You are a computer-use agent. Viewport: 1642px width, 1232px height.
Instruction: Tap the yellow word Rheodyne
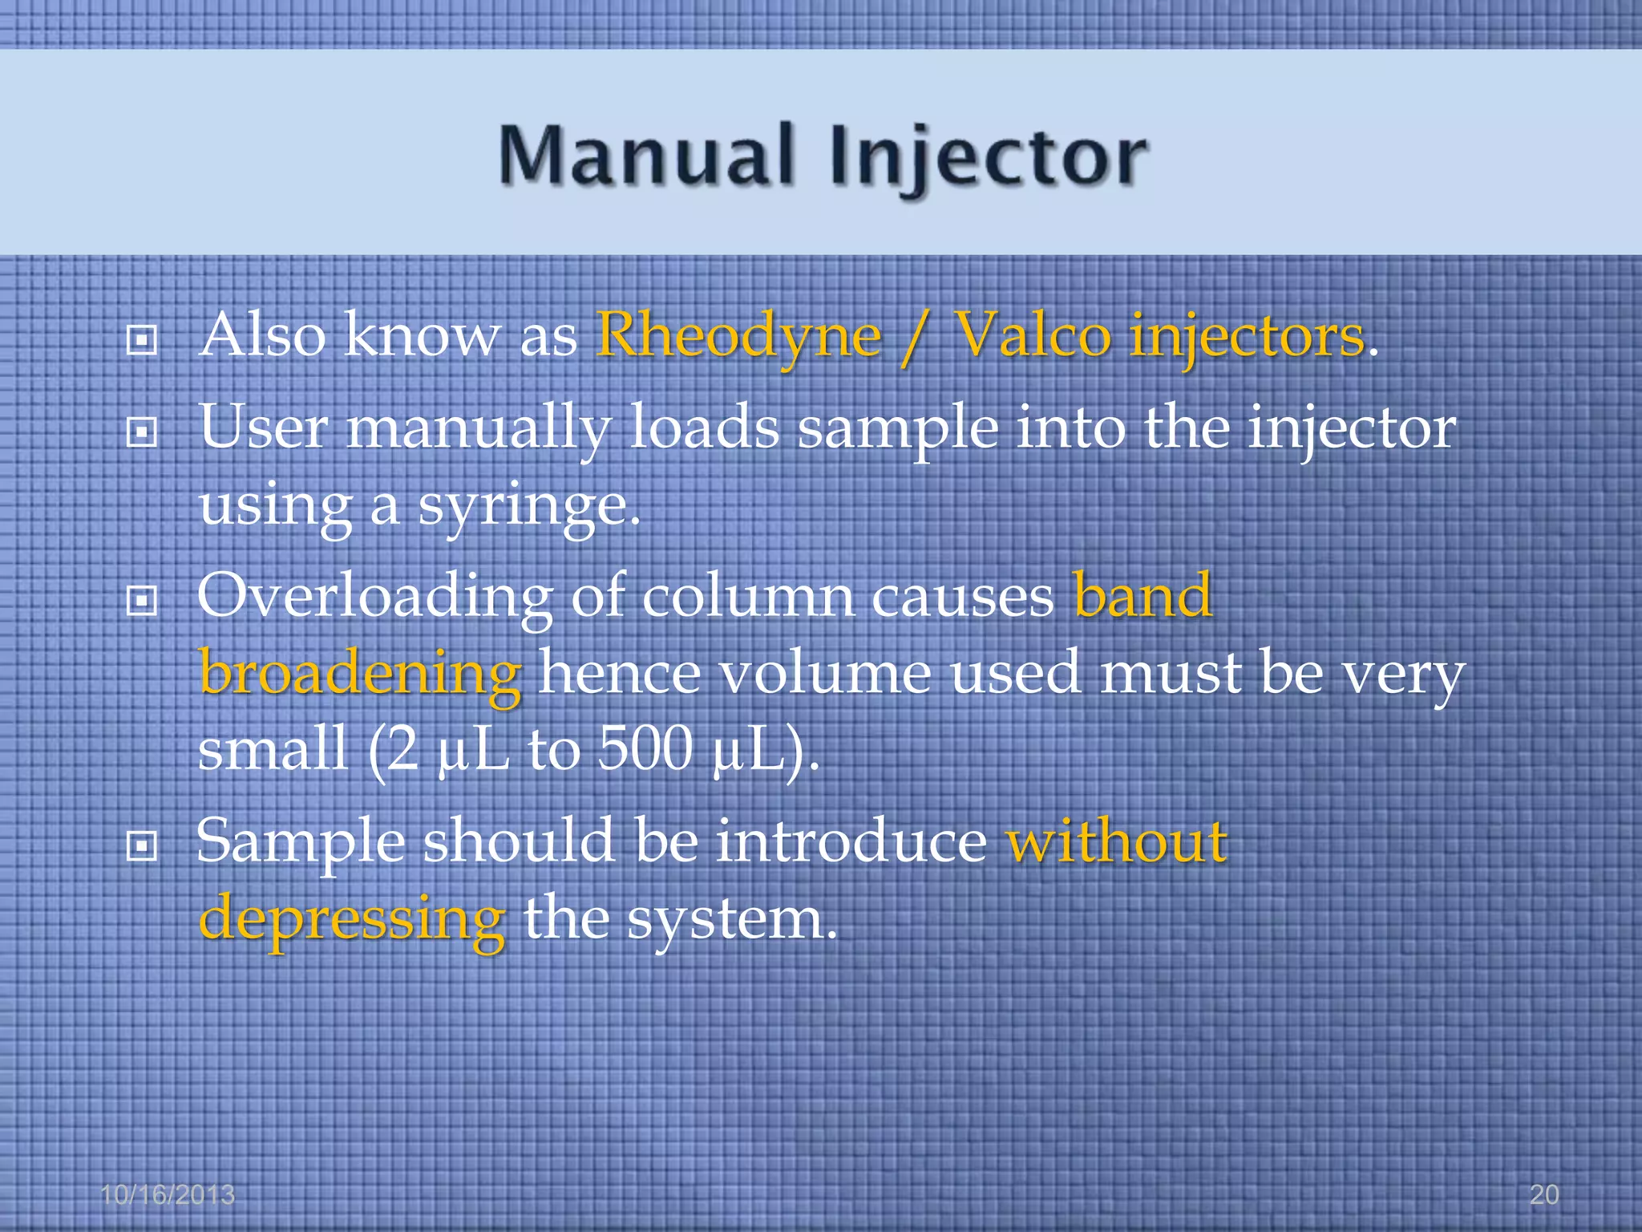click(x=738, y=336)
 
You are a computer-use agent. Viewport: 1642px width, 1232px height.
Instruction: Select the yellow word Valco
click(x=1034, y=336)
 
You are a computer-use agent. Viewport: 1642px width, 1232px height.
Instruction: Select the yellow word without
click(x=1117, y=842)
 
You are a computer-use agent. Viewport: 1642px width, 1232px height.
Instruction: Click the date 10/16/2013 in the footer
click(x=168, y=1195)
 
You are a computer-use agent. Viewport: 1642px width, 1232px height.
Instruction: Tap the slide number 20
click(x=1543, y=1195)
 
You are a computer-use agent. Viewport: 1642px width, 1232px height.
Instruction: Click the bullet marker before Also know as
click(x=142, y=341)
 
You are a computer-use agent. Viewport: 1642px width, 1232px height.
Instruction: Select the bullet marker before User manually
click(x=142, y=433)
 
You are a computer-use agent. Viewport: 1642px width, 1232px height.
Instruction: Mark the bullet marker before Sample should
click(x=142, y=845)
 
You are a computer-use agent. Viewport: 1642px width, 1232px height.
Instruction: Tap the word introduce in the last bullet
click(x=851, y=842)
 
